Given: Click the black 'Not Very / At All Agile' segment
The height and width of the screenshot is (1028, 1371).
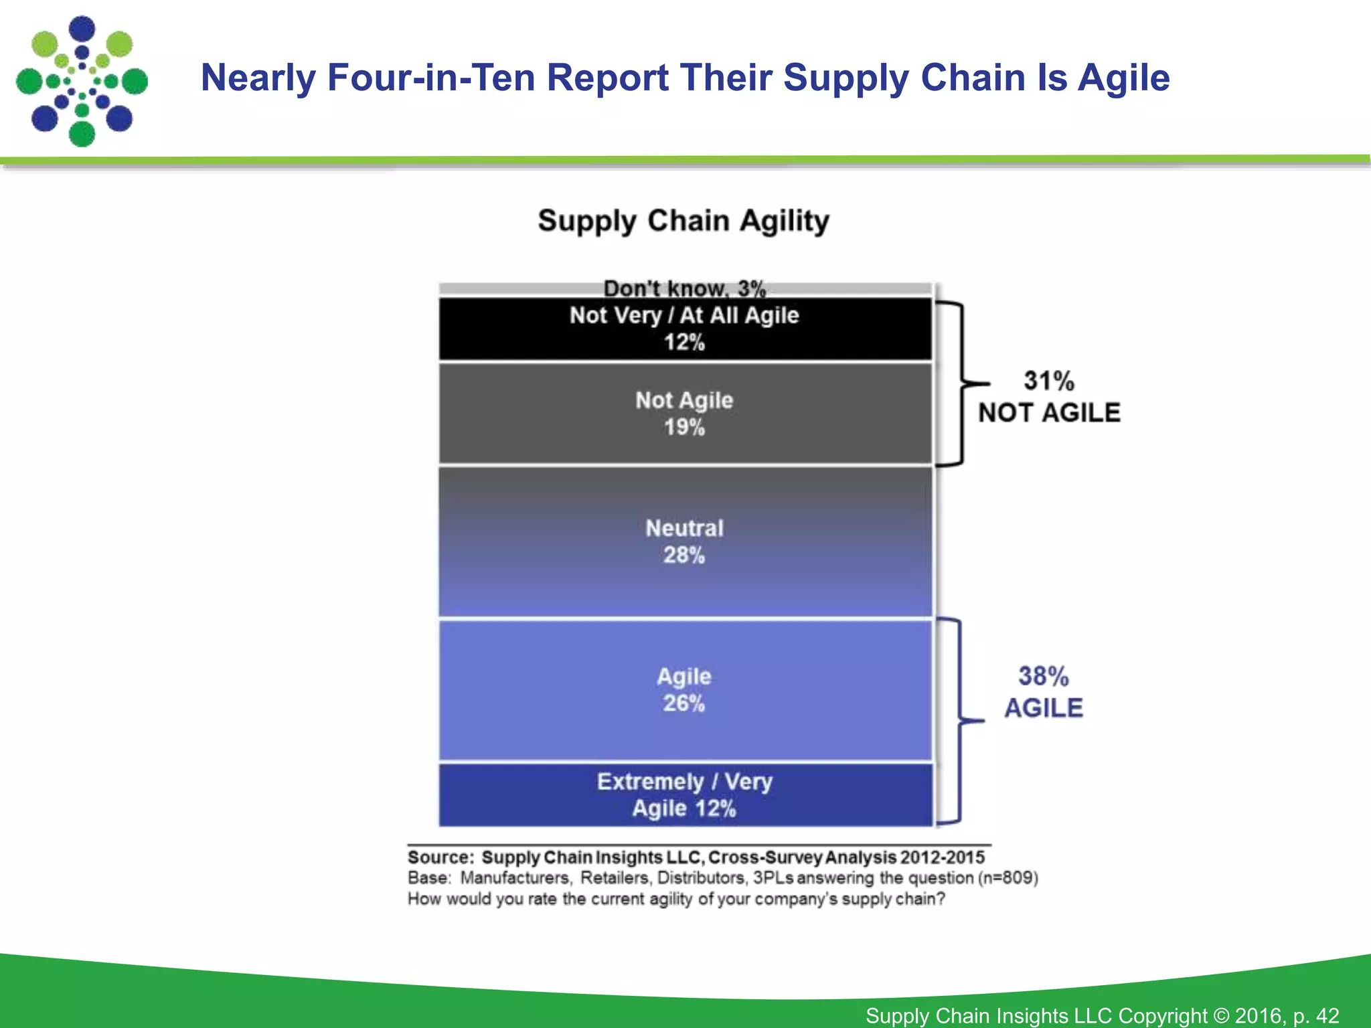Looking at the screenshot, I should click(x=685, y=329).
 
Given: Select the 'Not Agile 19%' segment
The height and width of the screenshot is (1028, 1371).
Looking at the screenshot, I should click(x=685, y=414).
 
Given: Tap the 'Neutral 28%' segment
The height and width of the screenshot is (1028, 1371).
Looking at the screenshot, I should click(x=685, y=541).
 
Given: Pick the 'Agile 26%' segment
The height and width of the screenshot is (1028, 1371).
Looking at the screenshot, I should click(x=685, y=690).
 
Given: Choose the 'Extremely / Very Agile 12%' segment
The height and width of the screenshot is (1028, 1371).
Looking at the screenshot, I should click(x=685, y=795).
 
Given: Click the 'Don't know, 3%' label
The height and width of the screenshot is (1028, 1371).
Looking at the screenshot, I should click(x=684, y=289).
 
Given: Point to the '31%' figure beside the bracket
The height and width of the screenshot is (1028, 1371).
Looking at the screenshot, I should click(x=1048, y=381).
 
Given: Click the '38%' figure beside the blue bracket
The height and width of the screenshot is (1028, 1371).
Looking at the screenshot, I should click(x=1043, y=677).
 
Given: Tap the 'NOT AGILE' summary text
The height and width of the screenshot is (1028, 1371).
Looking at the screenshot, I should click(x=1049, y=413).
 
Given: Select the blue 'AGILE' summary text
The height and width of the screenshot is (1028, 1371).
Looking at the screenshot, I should click(x=1043, y=708).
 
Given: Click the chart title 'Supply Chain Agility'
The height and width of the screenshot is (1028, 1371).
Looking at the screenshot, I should click(x=683, y=221).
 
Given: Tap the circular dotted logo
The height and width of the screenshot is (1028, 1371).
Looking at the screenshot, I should click(x=82, y=81).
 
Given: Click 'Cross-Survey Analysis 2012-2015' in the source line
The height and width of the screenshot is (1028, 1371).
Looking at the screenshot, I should click(x=846, y=857).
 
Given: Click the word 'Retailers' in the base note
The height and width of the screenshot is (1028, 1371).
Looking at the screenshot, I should click(x=614, y=878).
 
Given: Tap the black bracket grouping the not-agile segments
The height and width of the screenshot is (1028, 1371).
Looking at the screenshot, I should click(x=961, y=383).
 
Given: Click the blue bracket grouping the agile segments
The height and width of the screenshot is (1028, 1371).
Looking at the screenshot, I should click(x=959, y=721).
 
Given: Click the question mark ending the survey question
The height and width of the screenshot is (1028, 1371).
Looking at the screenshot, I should click(x=941, y=899).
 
